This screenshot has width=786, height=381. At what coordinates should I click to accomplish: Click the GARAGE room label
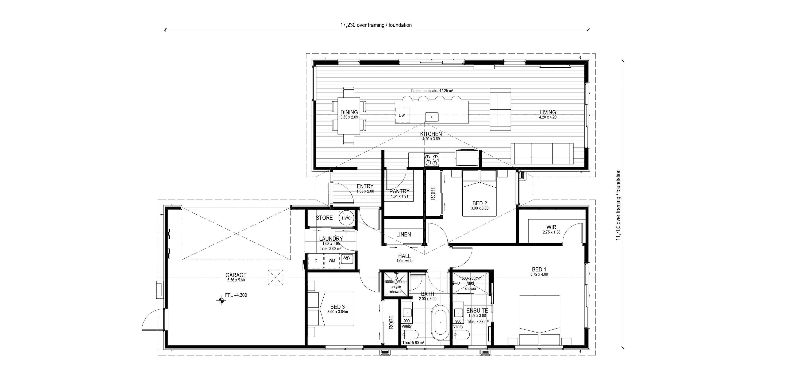(236, 275)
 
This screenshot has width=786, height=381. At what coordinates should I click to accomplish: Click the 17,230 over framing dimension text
(376, 25)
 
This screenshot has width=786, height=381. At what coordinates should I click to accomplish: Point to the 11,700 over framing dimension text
(618, 205)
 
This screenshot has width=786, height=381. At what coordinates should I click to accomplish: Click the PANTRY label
(399, 191)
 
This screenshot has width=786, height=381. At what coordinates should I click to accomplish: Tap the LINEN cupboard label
(403, 234)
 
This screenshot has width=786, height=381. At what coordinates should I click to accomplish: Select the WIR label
(551, 227)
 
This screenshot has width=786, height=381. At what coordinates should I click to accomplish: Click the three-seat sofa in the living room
(542, 154)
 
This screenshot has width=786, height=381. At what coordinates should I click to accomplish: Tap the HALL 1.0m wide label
(404, 258)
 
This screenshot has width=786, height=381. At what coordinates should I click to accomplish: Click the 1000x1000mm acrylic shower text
(396, 287)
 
